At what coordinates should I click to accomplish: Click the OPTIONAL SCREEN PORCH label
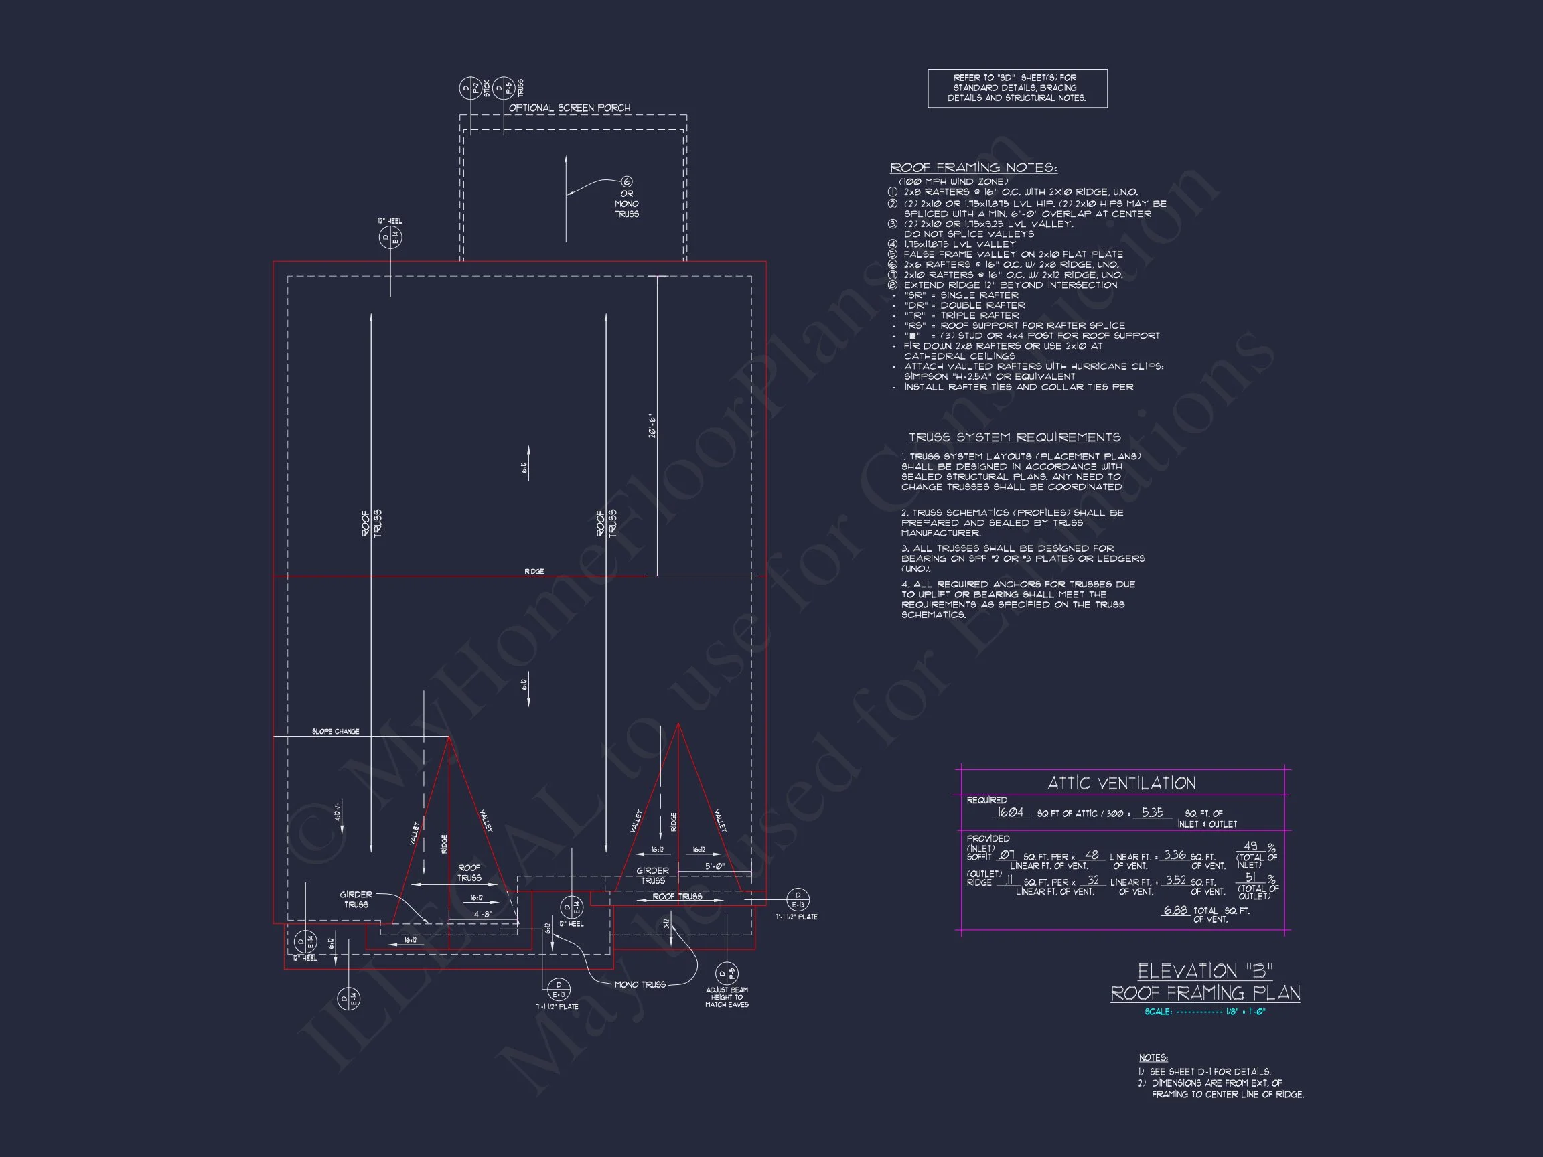click(569, 108)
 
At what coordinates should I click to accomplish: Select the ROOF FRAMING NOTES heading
click(973, 168)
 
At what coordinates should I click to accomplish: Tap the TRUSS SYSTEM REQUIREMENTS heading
click(1014, 437)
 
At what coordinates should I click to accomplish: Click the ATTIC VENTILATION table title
click(1122, 783)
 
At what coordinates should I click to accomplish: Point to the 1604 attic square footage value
click(1010, 812)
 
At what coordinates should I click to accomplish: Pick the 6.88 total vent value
click(1175, 911)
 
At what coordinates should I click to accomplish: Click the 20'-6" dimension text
click(652, 426)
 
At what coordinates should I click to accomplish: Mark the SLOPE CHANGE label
click(336, 732)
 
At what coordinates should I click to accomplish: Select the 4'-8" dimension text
click(484, 913)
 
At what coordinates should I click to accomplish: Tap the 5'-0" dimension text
click(715, 866)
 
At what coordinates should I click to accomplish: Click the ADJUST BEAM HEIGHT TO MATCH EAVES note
click(727, 997)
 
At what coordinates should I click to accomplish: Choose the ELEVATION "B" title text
click(1205, 972)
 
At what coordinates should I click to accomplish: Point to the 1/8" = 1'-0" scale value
click(1245, 1012)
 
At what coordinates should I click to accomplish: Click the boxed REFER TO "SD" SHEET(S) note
click(1017, 88)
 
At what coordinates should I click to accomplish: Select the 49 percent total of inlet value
click(1251, 846)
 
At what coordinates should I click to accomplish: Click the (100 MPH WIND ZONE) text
click(954, 182)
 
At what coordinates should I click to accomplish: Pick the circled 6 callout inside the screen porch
click(626, 182)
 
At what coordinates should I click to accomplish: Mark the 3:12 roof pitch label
click(666, 923)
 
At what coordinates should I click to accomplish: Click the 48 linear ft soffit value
click(1092, 855)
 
